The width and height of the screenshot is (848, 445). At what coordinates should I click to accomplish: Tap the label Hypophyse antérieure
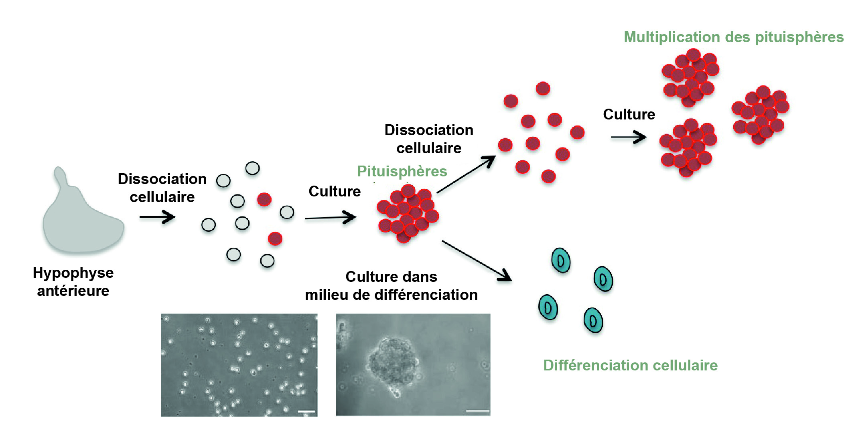click(x=73, y=281)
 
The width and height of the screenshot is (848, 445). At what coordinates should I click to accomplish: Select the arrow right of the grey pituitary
click(x=157, y=217)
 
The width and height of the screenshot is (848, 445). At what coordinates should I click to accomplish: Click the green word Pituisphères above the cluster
click(x=402, y=171)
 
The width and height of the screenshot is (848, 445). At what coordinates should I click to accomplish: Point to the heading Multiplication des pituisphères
click(x=734, y=37)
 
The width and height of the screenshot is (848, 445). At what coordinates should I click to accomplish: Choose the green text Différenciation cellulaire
click(x=630, y=365)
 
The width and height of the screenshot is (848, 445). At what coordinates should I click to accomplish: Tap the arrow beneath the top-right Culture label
click(x=629, y=138)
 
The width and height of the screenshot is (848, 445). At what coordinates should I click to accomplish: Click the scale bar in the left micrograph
click(x=306, y=411)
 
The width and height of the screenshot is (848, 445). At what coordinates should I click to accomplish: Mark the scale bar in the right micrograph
click(x=477, y=411)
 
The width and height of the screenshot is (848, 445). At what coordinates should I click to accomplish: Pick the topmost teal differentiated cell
click(x=561, y=261)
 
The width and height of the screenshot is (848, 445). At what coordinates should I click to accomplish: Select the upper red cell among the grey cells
click(x=264, y=199)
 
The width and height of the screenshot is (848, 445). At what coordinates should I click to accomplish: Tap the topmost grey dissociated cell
click(x=252, y=168)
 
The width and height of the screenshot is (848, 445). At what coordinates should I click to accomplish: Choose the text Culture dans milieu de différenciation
click(x=391, y=286)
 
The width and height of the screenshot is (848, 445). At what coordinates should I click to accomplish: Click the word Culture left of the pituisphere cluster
click(x=335, y=191)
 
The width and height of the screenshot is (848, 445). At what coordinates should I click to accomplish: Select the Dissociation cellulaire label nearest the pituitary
click(x=162, y=188)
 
